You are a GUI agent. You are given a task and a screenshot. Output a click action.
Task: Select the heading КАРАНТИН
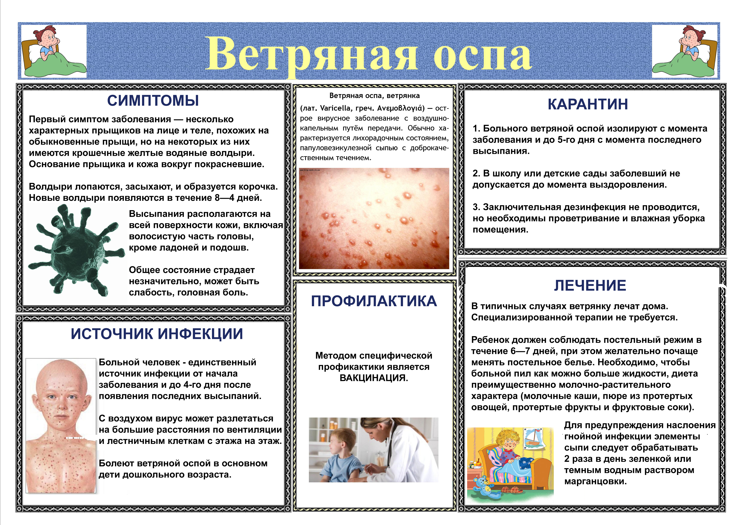click(x=588, y=104)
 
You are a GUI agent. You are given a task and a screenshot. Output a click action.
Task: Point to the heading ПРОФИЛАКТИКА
click(x=374, y=301)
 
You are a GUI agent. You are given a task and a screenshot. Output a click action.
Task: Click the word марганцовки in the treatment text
click(x=596, y=481)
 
